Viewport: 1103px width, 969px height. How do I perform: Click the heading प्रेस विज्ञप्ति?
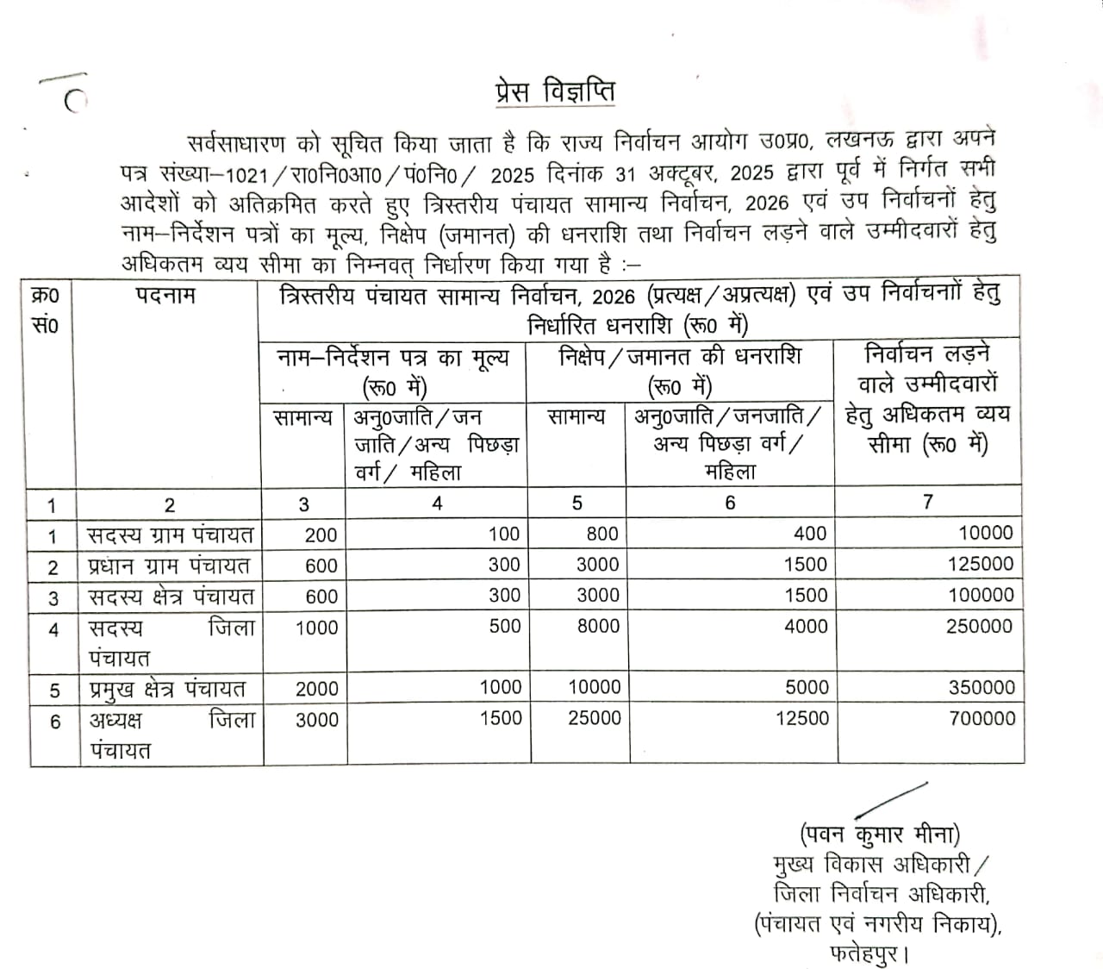pos(555,92)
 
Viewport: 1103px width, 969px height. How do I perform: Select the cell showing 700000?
pos(981,718)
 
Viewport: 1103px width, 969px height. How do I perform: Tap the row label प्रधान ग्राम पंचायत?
pos(169,566)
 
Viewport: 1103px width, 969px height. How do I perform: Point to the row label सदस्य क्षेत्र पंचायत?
pos(171,597)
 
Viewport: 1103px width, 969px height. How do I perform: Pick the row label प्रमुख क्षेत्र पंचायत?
pos(167,689)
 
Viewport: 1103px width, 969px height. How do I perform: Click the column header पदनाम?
pos(165,296)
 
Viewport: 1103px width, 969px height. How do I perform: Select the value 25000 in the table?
pos(594,718)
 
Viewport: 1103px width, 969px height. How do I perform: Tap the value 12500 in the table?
pos(801,718)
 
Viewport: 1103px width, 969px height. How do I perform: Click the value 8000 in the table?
pos(598,627)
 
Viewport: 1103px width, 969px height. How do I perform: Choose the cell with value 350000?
pos(981,688)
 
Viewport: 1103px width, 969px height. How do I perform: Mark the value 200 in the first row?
pos(321,535)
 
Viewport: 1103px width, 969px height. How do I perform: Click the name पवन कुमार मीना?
pos(880,835)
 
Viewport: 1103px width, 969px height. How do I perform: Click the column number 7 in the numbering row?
pos(927,502)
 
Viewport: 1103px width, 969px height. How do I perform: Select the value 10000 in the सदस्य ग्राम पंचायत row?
pos(986,534)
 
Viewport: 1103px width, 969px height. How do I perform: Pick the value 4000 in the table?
pos(806,627)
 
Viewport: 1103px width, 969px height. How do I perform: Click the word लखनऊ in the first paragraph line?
pos(880,141)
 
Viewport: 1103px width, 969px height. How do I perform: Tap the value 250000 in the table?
pos(980,627)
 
